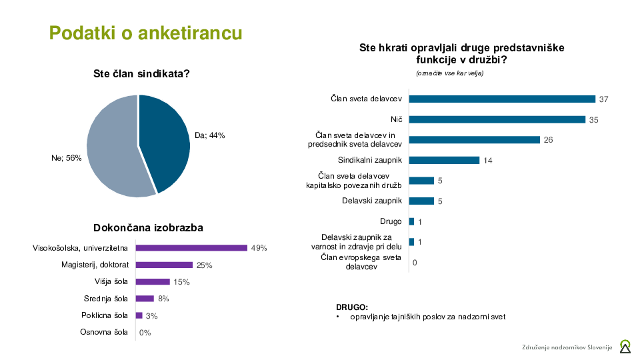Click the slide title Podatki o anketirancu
145,33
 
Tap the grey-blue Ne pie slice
112,150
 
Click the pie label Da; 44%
209,135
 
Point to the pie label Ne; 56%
66,158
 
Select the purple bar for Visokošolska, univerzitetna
191,248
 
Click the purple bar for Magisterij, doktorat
164,265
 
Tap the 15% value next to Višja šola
181,282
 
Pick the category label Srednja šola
105,299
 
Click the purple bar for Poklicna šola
139,315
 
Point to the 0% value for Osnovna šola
145,333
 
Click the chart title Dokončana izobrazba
148,228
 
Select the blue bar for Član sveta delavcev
501,99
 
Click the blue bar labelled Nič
497,119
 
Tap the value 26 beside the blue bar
549,140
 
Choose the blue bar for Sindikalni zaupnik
444,160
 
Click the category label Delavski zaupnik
372,201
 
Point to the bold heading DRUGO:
352,307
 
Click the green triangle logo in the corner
625,346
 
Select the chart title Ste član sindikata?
141,74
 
